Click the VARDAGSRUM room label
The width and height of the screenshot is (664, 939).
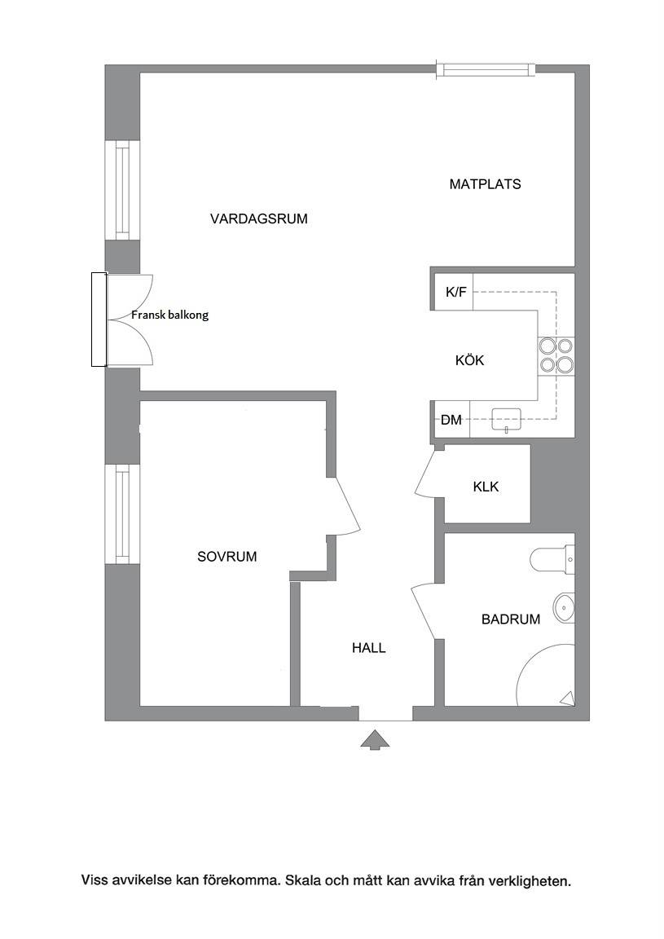258,218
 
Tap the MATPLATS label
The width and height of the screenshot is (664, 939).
485,184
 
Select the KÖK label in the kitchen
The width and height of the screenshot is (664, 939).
469,360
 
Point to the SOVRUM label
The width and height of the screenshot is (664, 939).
227,557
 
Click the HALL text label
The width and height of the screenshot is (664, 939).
369,647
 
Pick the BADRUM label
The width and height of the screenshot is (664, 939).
511,619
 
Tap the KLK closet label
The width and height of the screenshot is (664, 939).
486,487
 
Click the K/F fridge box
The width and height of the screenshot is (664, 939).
453,292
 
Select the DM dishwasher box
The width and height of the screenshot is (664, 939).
451,420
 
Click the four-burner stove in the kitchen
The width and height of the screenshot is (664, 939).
556,355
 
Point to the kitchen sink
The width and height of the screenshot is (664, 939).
507,419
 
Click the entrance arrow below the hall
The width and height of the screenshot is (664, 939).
375,739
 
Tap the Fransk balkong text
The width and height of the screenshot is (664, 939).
170,315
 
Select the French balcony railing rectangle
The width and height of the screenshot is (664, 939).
99,320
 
